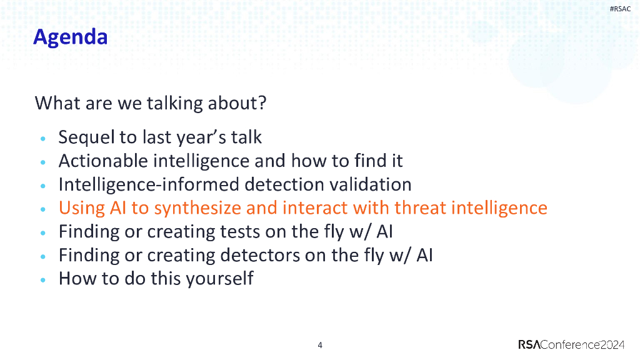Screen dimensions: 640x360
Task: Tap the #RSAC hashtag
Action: point(620,9)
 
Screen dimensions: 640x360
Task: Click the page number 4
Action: point(320,345)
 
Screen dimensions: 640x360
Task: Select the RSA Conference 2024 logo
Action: point(571,344)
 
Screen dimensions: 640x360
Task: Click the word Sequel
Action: point(86,137)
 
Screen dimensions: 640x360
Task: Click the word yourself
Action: point(219,279)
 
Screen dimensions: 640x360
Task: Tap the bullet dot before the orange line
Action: point(43,209)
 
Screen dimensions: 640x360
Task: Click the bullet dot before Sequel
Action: point(43,139)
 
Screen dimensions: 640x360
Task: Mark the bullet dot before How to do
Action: point(43,280)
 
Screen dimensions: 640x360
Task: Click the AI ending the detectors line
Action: point(424,256)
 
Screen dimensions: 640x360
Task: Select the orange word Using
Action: point(82,209)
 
